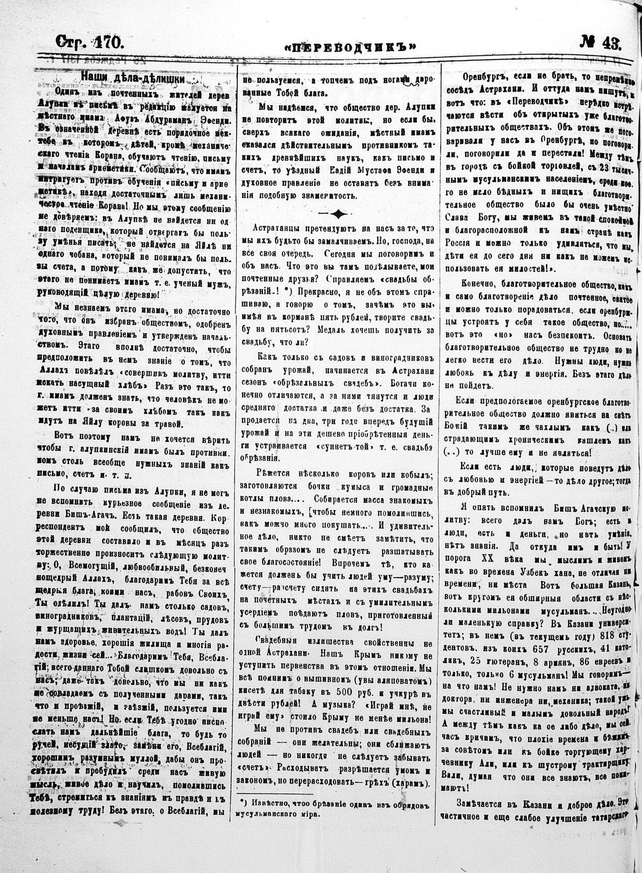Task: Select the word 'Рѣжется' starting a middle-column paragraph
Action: tap(272, 473)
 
